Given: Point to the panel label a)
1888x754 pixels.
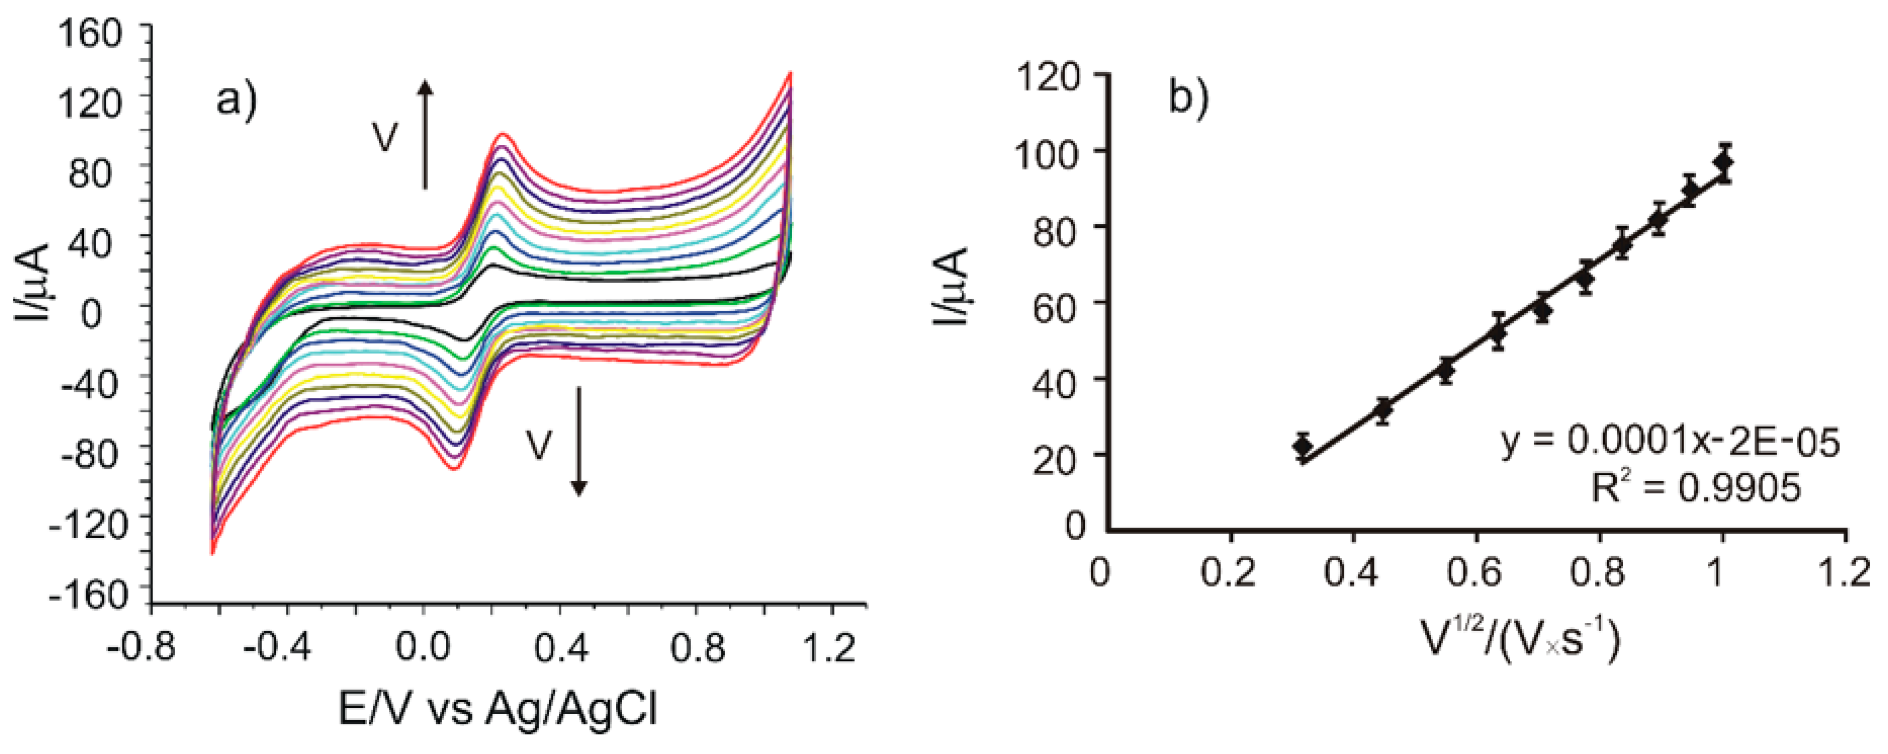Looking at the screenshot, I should pos(236,100).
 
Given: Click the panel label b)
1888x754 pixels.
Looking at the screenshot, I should pos(1188,98).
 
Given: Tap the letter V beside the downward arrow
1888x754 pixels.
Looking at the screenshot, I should pos(539,445).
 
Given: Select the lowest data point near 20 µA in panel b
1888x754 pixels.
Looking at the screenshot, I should pos(1302,445).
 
